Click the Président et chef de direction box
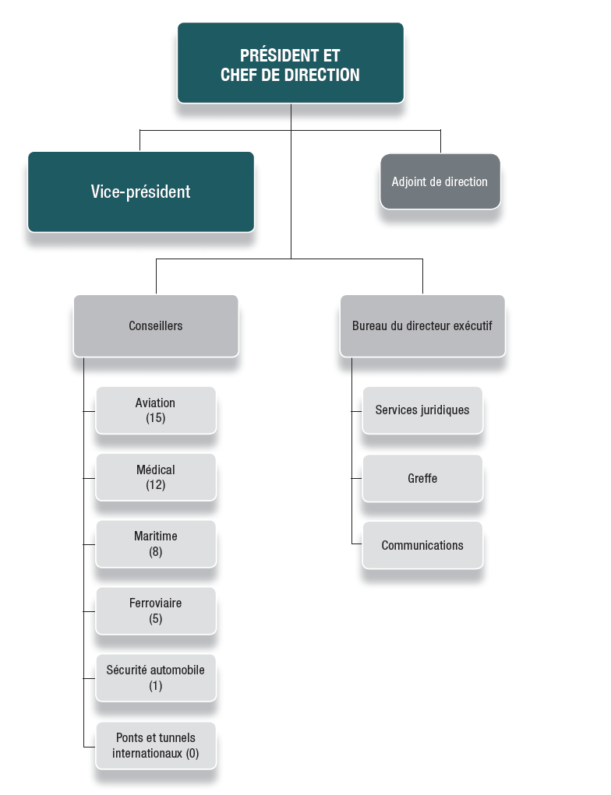[x=290, y=62]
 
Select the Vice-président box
[x=141, y=192]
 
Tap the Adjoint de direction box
[x=440, y=181]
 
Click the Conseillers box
[x=156, y=325]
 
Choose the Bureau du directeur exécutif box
[x=422, y=325]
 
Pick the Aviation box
[x=156, y=410]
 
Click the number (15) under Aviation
[x=156, y=418]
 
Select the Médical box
[x=156, y=477]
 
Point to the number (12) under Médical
[x=156, y=485]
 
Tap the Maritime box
[x=156, y=544]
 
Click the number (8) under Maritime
[x=156, y=552]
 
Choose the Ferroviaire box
[x=156, y=611]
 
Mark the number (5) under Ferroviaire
[x=156, y=619]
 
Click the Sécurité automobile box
[x=156, y=677]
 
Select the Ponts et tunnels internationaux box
[x=156, y=745]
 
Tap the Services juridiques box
[x=422, y=410]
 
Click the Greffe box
[x=422, y=478]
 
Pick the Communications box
[x=422, y=545]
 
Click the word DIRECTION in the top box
[x=323, y=76]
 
